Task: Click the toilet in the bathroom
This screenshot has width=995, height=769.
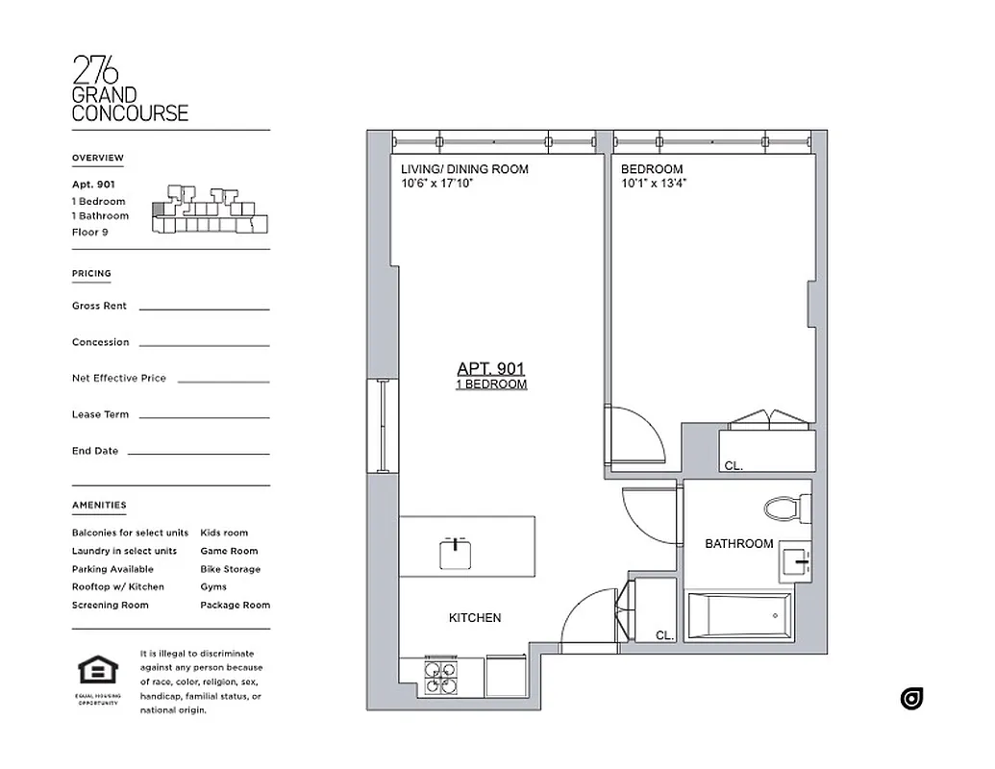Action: [x=787, y=509]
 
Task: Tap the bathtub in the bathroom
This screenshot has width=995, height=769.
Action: [x=739, y=616]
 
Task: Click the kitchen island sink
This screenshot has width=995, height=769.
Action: [x=454, y=552]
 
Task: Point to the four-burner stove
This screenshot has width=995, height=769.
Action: [x=442, y=678]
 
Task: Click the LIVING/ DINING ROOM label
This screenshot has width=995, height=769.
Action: [x=464, y=169]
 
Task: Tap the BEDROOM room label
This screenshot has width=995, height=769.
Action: [x=652, y=169]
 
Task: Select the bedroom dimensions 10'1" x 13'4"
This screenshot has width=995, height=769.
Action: [x=654, y=183]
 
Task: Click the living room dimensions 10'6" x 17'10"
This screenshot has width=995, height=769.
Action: [x=437, y=183]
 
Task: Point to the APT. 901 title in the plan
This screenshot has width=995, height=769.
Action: [x=491, y=368]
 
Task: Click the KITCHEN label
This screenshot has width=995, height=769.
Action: [x=475, y=618]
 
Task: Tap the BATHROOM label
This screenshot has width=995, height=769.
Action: [x=739, y=544]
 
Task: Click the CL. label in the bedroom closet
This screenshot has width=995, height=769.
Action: [x=734, y=466]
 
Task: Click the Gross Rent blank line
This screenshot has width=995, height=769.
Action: [x=204, y=309]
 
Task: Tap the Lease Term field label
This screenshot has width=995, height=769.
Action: [x=100, y=415]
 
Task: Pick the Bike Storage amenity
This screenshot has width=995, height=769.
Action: [x=230, y=569]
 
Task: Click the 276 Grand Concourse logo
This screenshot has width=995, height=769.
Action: [x=130, y=89]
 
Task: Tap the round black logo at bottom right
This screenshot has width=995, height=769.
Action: [x=911, y=699]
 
